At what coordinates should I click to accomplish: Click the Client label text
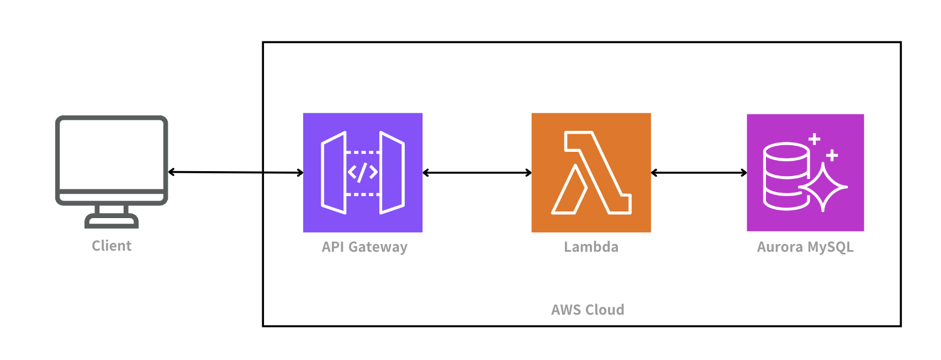(x=112, y=246)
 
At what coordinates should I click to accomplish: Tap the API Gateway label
(x=364, y=247)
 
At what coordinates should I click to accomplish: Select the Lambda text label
(x=591, y=247)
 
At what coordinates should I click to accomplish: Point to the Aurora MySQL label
(x=805, y=247)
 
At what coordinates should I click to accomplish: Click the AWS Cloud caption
(x=588, y=310)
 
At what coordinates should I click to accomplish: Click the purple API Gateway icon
(x=363, y=173)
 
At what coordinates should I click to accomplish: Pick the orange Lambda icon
(x=591, y=173)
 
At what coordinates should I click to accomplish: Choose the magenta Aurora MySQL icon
(x=805, y=173)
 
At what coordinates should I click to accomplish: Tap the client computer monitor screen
(x=112, y=155)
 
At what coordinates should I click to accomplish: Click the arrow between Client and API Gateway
(x=236, y=172)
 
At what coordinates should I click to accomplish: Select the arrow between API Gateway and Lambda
(x=477, y=173)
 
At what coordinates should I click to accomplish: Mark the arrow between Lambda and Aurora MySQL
(x=699, y=173)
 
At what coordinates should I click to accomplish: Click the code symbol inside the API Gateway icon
(x=363, y=172)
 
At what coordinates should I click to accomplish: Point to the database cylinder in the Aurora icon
(x=786, y=176)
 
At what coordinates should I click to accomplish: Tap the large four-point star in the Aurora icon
(x=823, y=187)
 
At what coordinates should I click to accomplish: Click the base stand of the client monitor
(x=112, y=220)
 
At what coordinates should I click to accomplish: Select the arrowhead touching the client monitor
(x=171, y=172)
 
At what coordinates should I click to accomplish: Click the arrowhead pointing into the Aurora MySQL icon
(x=743, y=173)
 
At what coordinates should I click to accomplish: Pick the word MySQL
(x=831, y=247)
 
